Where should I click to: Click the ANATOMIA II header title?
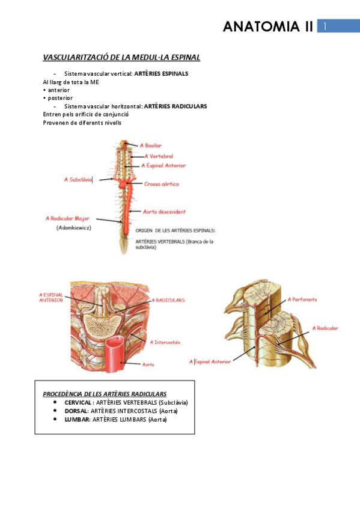click(267, 26)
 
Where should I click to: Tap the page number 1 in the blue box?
click(325, 26)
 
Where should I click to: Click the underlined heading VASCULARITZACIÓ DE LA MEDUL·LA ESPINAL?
click(121, 58)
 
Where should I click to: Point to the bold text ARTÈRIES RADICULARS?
click(175, 106)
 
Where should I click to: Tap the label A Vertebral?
click(157, 156)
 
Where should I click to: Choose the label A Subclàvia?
click(78, 179)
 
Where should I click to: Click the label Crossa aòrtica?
click(161, 184)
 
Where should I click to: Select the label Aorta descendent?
click(164, 212)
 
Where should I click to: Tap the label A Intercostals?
click(167, 342)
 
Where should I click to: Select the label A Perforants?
click(302, 299)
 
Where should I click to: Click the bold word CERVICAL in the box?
click(78, 402)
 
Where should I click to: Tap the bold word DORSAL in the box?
click(76, 411)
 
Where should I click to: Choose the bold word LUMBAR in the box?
click(76, 419)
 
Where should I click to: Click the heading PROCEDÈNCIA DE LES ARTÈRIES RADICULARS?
click(105, 394)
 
